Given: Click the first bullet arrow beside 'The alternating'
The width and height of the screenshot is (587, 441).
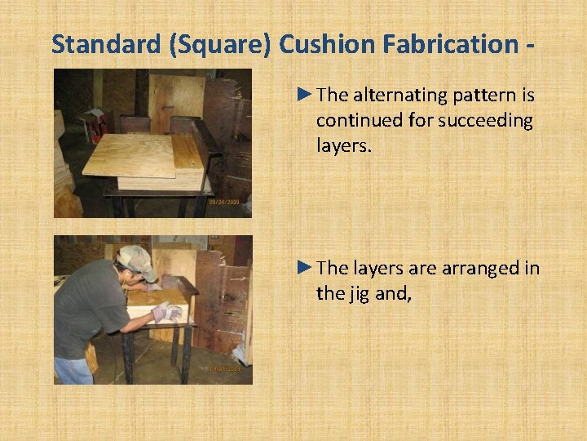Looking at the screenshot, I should point(305,95).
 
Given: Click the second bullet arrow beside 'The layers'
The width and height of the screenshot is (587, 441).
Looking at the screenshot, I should point(305,267).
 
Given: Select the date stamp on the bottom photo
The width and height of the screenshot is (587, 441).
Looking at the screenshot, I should point(224,369).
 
